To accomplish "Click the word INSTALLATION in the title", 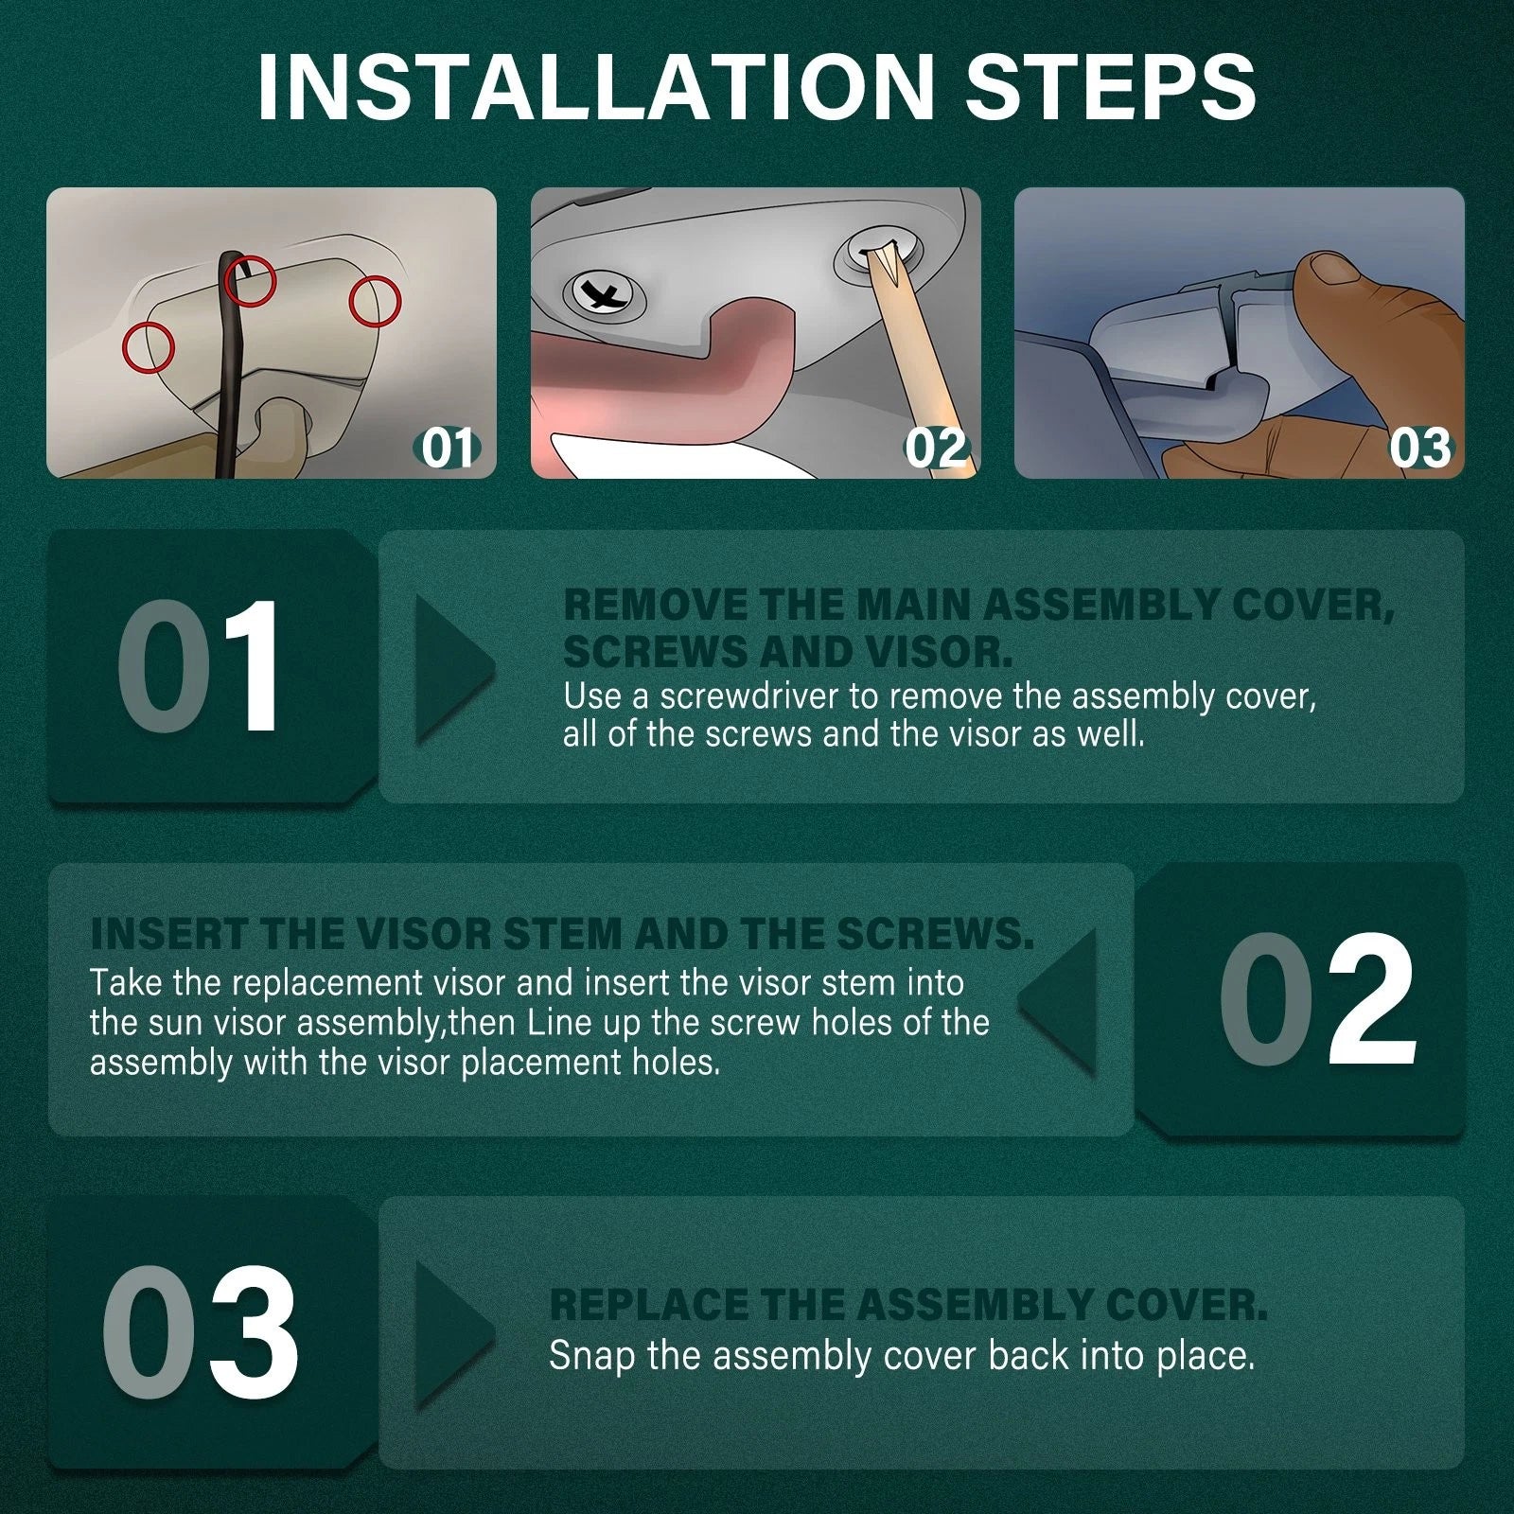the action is point(596,87).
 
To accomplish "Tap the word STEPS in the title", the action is point(1110,87).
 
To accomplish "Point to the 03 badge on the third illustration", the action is point(1419,448).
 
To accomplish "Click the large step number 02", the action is point(1316,999).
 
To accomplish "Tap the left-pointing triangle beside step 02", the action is point(1057,1002).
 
